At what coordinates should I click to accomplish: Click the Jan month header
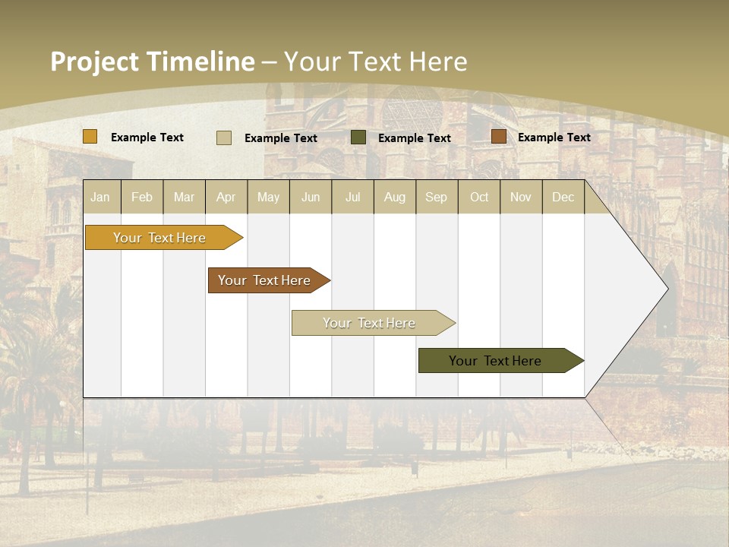pyautogui.click(x=100, y=197)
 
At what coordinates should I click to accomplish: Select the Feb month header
pyautogui.click(x=142, y=197)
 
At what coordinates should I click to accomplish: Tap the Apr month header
pyautogui.click(x=226, y=197)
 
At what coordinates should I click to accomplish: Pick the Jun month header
pyautogui.click(x=311, y=197)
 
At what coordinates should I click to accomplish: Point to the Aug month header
pyautogui.click(x=395, y=197)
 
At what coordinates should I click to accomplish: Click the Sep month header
pyautogui.click(x=437, y=197)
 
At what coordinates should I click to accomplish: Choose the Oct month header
pyautogui.click(x=479, y=197)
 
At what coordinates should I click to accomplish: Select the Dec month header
pyautogui.click(x=563, y=197)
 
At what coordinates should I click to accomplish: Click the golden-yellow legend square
pyautogui.click(x=90, y=137)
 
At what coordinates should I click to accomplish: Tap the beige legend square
pyautogui.click(x=224, y=138)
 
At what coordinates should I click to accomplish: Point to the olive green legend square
pyautogui.click(x=358, y=138)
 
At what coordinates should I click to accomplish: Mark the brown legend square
pyautogui.click(x=498, y=137)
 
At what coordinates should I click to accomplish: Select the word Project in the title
pyautogui.click(x=95, y=62)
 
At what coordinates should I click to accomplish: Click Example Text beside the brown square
pyautogui.click(x=554, y=138)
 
